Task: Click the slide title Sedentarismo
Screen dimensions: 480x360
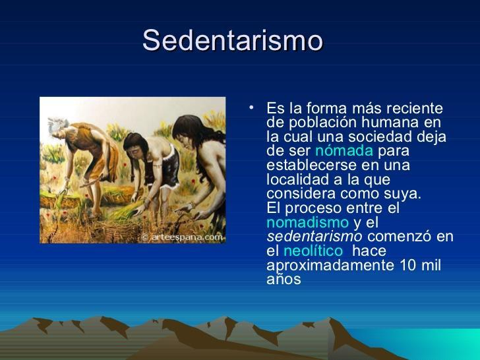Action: [x=233, y=40]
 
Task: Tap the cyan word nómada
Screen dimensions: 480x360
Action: [x=344, y=150]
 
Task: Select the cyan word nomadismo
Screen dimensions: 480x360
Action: [x=308, y=222]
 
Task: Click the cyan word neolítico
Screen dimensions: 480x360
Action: [x=313, y=251]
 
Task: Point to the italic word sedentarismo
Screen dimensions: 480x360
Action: [x=315, y=236]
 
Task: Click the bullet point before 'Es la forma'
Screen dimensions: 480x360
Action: [x=251, y=107]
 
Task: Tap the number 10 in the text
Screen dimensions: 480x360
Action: [x=408, y=265]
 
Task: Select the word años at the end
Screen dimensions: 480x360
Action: [x=284, y=279]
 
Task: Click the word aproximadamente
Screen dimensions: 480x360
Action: [x=330, y=266]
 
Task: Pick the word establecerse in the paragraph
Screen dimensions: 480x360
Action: [x=311, y=165]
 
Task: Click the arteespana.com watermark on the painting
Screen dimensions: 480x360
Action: [x=183, y=237]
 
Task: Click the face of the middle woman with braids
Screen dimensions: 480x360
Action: [x=134, y=150]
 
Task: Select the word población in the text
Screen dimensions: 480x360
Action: [x=322, y=123]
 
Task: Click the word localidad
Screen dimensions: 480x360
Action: [x=300, y=179]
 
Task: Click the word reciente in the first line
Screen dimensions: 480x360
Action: [x=415, y=107]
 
